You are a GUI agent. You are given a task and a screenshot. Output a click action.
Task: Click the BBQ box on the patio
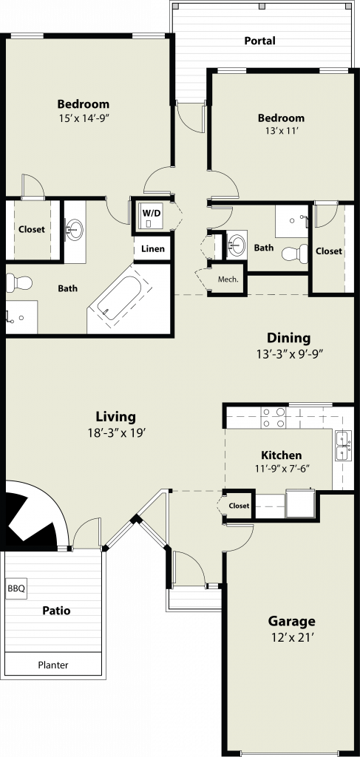(x=16, y=589)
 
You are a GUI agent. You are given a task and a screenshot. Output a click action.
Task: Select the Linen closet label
(x=153, y=249)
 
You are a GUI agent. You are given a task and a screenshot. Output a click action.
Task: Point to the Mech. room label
(x=228, y=279)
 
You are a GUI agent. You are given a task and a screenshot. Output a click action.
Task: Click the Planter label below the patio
(x=53, y=665)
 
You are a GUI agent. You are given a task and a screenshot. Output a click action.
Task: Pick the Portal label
(x=259, y=41)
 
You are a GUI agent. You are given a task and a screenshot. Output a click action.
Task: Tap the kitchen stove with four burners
(x=273, y=417)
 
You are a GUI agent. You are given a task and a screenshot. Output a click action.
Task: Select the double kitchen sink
(x=343, y=446)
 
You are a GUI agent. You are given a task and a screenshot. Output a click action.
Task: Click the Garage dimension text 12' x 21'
(x=291, y=637)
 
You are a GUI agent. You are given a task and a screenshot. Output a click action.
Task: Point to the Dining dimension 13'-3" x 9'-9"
(x=289, y=353)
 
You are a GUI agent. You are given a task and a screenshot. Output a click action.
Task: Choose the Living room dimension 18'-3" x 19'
(x=115, y=432)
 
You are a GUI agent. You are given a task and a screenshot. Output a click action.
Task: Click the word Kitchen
(x=282, y=455)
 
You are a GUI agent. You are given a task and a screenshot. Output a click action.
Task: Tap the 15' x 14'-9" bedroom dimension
(x=84, y=118)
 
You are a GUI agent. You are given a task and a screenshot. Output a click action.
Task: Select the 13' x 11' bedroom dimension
(x=281, y=131)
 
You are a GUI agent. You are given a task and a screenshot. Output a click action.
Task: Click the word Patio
(x=56, y=611)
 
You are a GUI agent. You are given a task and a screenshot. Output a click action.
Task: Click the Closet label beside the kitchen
(x=239, y=506)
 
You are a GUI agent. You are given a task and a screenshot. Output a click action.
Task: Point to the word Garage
(x=291, y=621)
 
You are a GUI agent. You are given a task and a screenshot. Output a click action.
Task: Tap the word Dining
(x=289, y=338)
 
